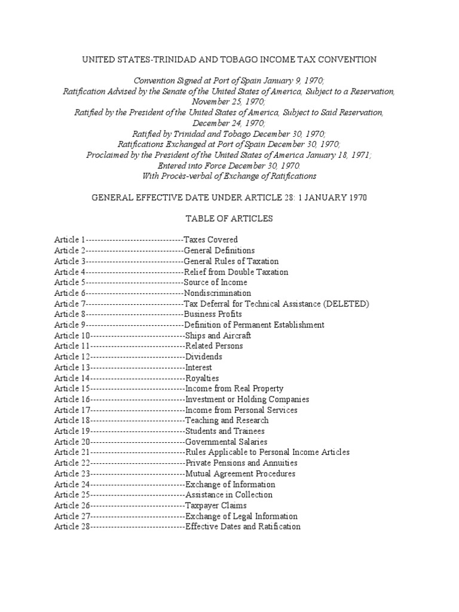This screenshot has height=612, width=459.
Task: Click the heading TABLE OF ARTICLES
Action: tap(229, 219)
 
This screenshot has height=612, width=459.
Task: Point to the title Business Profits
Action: tap(213, 314)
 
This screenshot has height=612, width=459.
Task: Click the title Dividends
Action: tap(204, 357)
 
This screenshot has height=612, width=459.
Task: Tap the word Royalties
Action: tap(202, 378)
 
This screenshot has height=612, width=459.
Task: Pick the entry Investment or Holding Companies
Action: tap(247, 399)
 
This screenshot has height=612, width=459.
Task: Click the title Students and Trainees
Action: tap(225, 431)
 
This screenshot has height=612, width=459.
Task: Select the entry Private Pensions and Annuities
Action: tap(241, 463)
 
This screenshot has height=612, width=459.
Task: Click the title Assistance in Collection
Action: tap(229, 495)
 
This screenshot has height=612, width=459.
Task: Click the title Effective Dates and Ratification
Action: tap(243, 527)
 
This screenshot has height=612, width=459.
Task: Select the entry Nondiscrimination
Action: tap(218, 293)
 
